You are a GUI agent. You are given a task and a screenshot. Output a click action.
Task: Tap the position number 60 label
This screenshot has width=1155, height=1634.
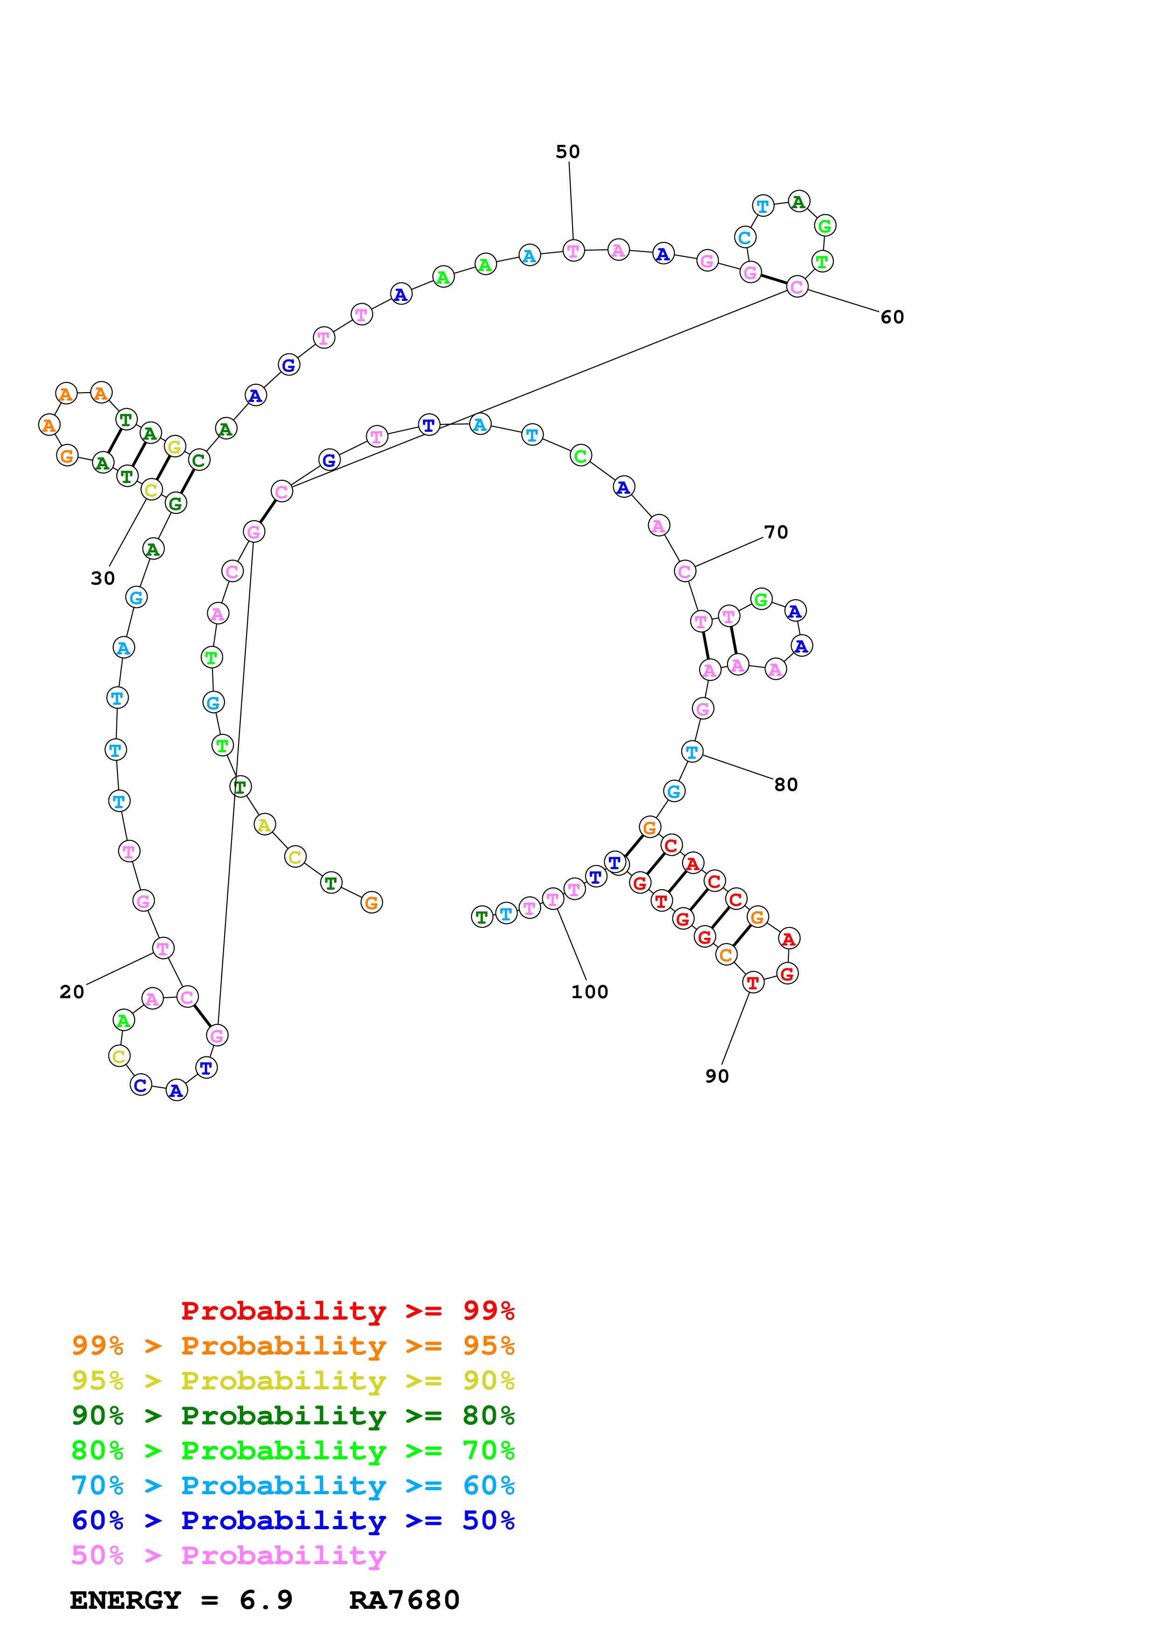[892, 317]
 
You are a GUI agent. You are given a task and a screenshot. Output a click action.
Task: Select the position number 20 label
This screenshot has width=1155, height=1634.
[71, 991]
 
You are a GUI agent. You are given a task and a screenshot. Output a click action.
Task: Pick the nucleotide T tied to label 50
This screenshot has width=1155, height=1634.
[573, 251]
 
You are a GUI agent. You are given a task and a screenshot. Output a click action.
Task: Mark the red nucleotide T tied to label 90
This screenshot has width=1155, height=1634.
[752, 983]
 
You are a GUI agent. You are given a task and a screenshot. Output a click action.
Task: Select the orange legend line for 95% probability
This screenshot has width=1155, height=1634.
[293, 1345]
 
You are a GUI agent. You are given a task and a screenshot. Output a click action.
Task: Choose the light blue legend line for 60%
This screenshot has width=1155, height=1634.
[293, 1485]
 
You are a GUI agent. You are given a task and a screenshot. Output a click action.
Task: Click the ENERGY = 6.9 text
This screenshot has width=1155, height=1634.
[181, 1600]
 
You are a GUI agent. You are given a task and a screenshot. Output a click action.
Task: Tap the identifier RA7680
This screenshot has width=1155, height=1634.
[404, 1600]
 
